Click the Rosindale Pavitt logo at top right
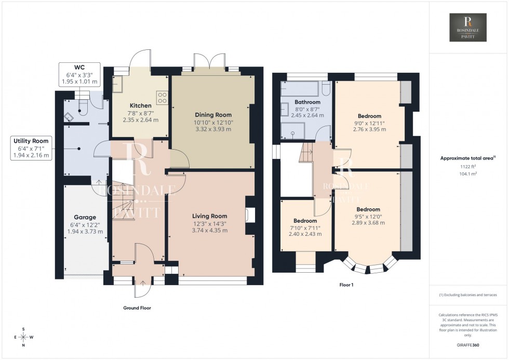click(x=467, y=27)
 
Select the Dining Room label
click(x=213, y=115)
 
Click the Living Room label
click(x=209, y=216)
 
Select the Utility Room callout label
click(x=31, y=141)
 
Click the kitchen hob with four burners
click(x=163, y=98)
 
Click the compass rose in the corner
click(x=23, y=337)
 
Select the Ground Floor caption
click(x=137, y=308)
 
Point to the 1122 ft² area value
click(x=468, y=167)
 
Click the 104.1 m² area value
click(x=468, y=174)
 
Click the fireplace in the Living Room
click(x=251, y=214)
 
